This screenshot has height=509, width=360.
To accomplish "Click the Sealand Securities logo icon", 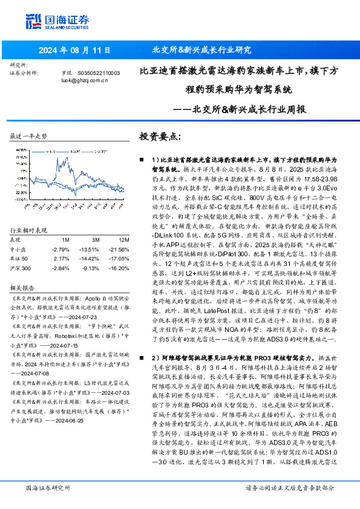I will click(x=34, y=21).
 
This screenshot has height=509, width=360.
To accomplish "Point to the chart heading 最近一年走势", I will click(x=28, y=136).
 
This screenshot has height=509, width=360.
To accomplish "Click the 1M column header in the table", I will click(x=66, y=240).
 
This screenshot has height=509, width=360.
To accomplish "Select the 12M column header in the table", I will click(x=113, y=240).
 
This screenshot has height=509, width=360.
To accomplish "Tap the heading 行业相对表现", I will click(x=28, y=231).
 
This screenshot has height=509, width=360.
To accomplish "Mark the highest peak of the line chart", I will click(x=73, y=151).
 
